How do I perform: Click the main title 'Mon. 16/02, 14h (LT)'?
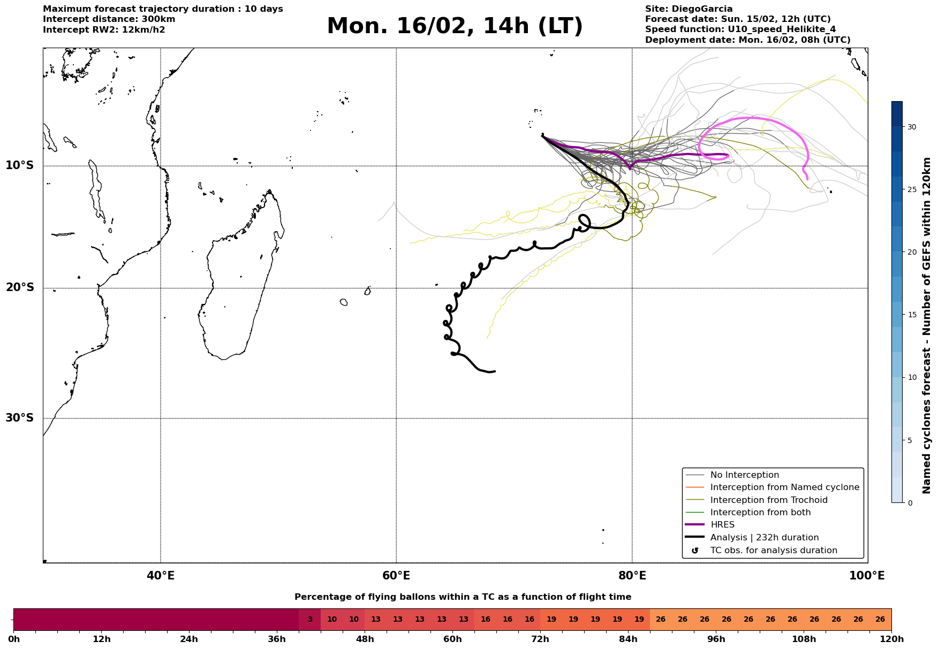point(455,26)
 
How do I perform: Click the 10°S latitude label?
point(20,165)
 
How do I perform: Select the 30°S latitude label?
point(20,418)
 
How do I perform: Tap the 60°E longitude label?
point(396,576)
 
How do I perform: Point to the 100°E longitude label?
point(867,576)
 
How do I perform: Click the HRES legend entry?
point(722,525)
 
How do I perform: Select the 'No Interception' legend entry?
point(744,475)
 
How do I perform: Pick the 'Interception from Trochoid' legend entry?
point(768,500)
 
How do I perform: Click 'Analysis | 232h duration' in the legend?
point(764,538)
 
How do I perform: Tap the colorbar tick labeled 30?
point(911,127)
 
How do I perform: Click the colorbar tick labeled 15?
point(911,315)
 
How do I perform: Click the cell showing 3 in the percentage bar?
point(310,620)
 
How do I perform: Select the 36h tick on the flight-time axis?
point(277,639)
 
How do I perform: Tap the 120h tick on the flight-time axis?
point(891,639)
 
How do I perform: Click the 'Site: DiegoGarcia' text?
point(689,9)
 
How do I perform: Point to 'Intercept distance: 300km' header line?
point(109,19)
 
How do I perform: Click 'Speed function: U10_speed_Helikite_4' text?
point(740,29)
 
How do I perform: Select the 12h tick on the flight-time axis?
point(101,639)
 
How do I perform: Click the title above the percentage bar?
point(463,597)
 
